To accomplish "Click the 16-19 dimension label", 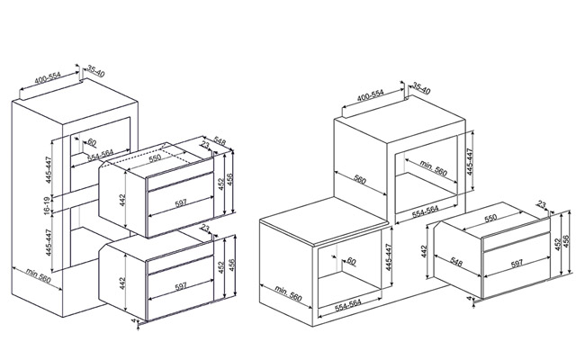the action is coord(47,205).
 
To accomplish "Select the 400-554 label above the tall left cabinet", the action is coord(48,78).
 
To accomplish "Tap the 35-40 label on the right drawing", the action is coord(421,88).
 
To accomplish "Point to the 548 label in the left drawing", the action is coord(220,141).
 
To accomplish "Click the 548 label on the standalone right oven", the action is coord(456,262).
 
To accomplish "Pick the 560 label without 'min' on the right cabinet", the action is coord(360,180).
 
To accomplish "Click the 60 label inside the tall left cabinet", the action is coord(92,142).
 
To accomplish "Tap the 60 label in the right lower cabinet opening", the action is coord(351,261).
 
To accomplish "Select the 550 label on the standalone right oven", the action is coord(490,218).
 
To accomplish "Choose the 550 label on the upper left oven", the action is coord(155,157).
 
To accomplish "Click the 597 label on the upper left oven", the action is coord(181,203).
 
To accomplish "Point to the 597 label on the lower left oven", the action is coord(181,286).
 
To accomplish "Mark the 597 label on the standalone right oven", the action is coord(517,264).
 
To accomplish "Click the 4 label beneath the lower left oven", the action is coord(133,320).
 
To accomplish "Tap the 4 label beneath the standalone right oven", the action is coord(469,298).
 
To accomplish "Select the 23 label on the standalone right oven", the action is coord(541,204).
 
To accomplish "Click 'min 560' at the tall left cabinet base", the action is coord(39,274).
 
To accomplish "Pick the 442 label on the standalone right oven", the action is coord(424,251).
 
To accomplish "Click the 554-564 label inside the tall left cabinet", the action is coord(101,155).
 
